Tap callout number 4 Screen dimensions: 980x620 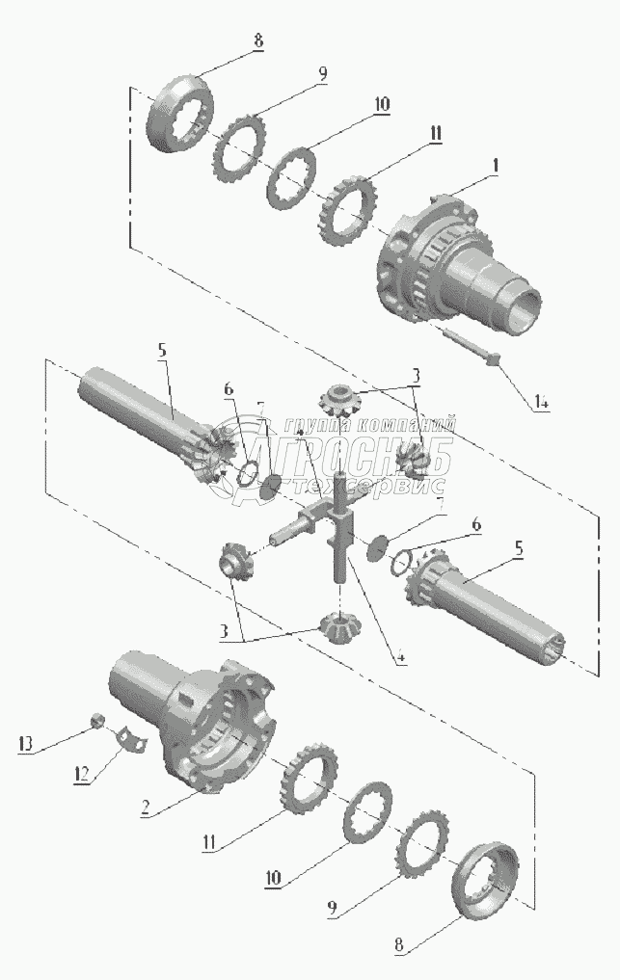(399, 659)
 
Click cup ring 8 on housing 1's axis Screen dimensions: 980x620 (180, 115)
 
